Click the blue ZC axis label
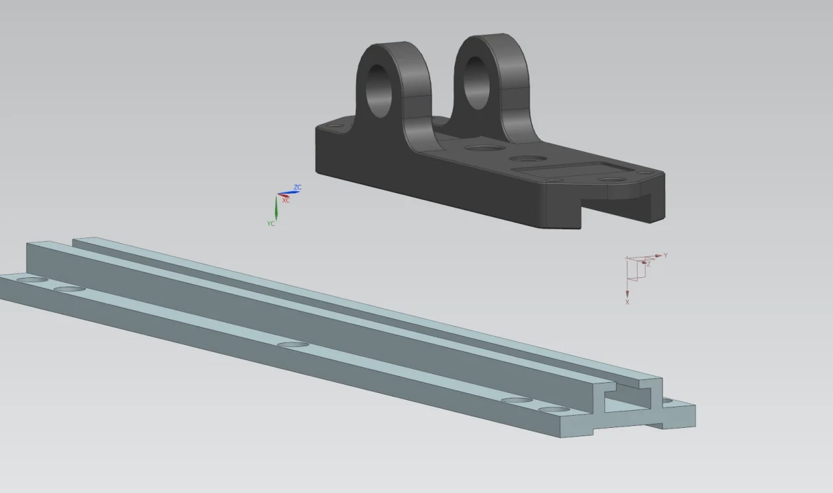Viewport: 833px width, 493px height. tap(297, 187)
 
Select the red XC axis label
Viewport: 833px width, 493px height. tap(286, 201)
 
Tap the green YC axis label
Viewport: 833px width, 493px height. tap(271, 223)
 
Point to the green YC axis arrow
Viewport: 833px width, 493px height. tap(276, 207)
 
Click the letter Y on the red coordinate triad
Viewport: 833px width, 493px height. tap(665, 255)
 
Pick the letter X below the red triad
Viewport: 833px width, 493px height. tap(627, 302)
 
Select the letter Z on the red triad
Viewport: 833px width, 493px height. tap(649, 264)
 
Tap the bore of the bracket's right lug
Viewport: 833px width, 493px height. tap(476, 83)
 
